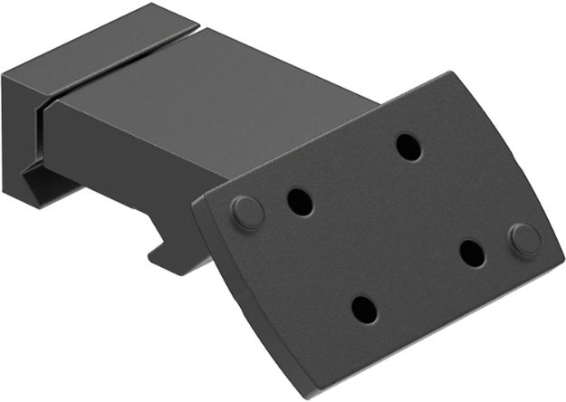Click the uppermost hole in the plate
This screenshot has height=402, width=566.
[408, 147]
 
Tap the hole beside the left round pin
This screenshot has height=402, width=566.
[300, 201]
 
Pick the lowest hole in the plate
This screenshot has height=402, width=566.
[363, 310]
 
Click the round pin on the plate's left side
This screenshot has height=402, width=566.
[247, 212]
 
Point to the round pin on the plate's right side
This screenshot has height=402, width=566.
[524, 239]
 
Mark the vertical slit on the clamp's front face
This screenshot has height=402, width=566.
[39, 145]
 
